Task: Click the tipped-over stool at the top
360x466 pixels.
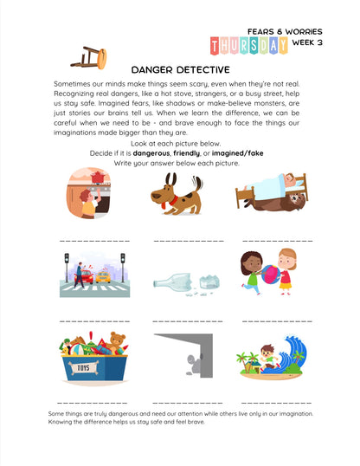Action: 89,56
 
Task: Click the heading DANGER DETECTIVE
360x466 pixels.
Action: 180,69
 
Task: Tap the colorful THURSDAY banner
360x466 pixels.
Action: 249,45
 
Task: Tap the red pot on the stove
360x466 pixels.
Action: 97,178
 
